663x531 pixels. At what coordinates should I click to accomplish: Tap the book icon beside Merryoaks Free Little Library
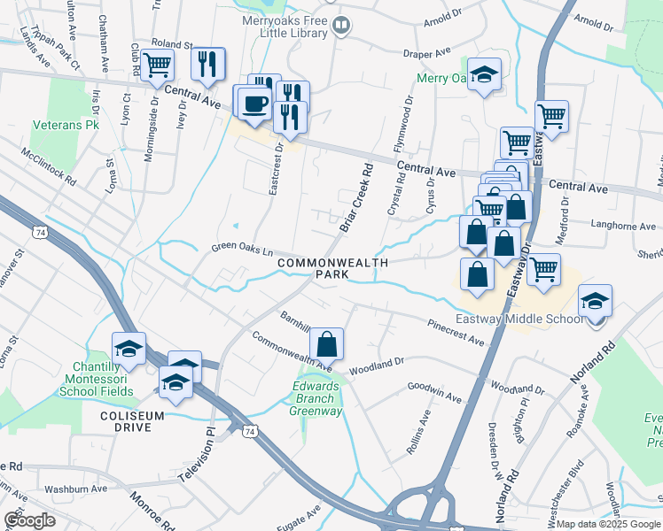[341, 27]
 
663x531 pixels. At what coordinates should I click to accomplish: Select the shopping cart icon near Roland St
[157, 65]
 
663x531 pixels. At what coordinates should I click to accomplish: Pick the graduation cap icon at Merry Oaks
[485, 76]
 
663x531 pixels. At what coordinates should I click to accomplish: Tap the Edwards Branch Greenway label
[317, 397]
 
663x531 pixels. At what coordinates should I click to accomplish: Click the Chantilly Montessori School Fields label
[103, 379]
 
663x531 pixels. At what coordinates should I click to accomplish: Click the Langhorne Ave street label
[611, 226]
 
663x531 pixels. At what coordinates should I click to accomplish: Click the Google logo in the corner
[30, 520]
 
